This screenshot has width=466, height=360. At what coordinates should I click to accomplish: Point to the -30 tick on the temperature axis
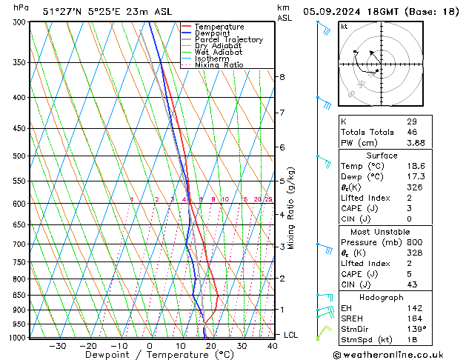[57, 346]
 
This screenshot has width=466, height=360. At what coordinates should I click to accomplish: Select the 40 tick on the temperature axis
[273, 346]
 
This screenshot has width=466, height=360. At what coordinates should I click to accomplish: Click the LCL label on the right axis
[291, 335]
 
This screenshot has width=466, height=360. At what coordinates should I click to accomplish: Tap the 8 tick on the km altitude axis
[282, 77]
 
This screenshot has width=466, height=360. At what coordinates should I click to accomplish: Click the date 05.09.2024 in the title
[339, 11]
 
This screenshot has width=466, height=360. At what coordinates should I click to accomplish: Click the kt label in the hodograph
[344, 27]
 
